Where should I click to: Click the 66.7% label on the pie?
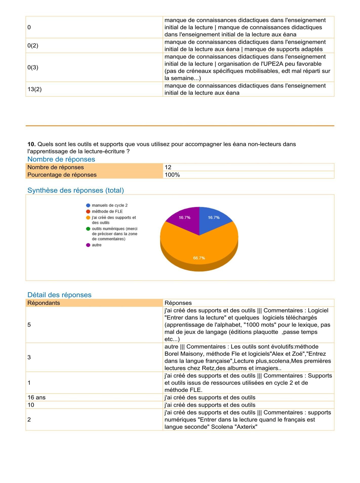pos(199,258)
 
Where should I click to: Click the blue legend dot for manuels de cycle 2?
pos(88,205)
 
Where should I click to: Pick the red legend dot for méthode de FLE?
pos(88,211)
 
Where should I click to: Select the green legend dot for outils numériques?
pos(88,229)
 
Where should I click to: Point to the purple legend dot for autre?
pos(88,245)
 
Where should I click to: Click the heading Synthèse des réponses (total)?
pos(76,190)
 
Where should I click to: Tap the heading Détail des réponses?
pos(59,295)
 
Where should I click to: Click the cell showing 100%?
pos(172,175)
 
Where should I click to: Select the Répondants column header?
pos(44,303)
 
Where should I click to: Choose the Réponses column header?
pos(178,303)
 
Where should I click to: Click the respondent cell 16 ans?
pos(36,397)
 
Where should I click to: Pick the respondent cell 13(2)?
pos(34,89)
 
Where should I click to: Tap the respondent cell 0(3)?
pos(33,68)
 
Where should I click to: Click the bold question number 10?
pos(31,144)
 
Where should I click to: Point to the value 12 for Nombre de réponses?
pos(168,167)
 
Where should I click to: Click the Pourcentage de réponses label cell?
pos(62,175)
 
